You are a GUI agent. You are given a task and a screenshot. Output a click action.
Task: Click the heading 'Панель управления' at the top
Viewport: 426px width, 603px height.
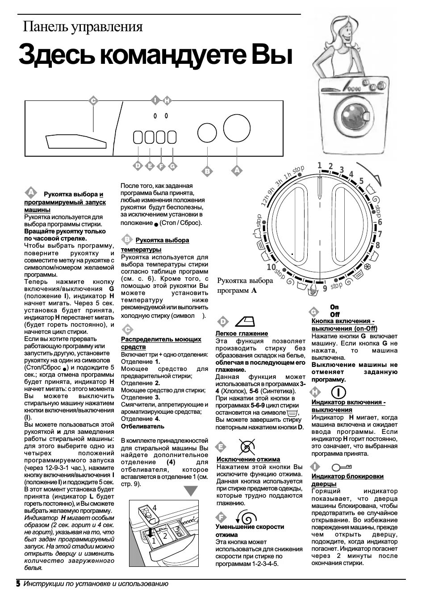tap(83, 27)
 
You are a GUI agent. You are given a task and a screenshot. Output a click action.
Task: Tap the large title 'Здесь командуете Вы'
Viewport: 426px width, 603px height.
tap(155, 55)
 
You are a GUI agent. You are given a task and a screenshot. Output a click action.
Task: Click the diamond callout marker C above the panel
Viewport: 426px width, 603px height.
tap(93, 101)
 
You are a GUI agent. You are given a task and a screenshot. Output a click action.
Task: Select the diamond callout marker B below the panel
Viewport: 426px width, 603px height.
tap(207, 171)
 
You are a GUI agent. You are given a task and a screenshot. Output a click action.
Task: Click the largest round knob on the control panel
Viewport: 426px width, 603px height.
tap(237, 128)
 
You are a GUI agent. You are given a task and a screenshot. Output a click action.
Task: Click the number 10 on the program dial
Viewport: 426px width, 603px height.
tap(271, 267)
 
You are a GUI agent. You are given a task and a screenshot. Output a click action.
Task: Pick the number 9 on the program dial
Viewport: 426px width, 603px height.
tap(325, 288)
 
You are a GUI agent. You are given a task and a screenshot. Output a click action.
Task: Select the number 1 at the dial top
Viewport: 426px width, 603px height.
tap(320, 166)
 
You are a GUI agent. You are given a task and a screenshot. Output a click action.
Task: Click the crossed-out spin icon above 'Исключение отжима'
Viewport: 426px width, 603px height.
tap(247, 446)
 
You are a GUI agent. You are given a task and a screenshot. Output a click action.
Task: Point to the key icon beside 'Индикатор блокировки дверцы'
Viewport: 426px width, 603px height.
tap(343, 467)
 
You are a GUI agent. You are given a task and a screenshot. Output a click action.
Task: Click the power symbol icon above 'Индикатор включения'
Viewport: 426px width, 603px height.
tap(339, 391)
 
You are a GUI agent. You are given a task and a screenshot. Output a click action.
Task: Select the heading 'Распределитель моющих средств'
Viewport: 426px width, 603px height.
tap(161, 343)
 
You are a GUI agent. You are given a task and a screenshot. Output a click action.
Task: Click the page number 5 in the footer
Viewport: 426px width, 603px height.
tap(18, 583)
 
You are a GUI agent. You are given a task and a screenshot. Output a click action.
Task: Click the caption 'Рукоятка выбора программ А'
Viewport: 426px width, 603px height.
tap(245, 285)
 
